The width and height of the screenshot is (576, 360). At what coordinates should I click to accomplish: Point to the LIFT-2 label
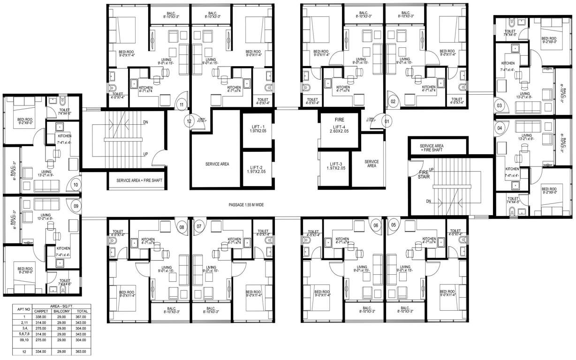click(x=258, y=170)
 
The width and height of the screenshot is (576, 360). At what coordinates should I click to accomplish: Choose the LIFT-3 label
click(x=336, y=165)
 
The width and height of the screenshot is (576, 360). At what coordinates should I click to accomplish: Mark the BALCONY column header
click(x=61, y=311)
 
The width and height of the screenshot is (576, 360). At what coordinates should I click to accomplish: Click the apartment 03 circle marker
click(x=500, y=106)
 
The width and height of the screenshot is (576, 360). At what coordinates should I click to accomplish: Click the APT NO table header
click(x=23, y=309)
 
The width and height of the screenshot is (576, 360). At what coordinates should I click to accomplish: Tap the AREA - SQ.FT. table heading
click(x=61, y=305)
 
